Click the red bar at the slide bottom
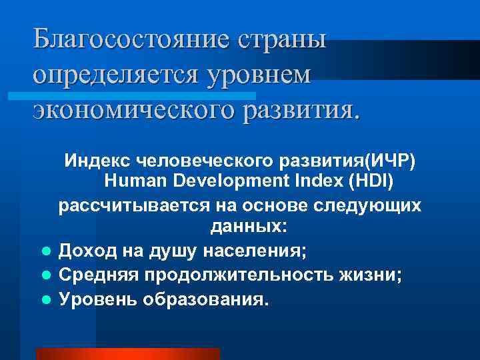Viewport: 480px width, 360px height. tap(127, 353)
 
